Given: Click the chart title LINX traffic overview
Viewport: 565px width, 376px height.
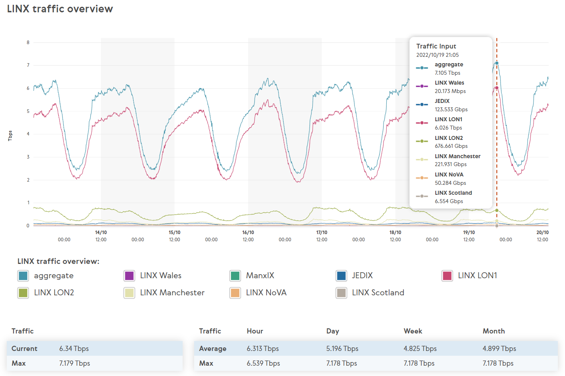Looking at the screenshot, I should click(60, 9).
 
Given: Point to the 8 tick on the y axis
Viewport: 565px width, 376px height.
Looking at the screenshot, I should click(28, 43).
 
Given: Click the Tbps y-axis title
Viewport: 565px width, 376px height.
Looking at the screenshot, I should click(10, 136).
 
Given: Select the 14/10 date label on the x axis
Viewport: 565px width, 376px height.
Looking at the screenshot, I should click(101, 233).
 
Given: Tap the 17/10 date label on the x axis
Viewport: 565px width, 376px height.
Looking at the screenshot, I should click(321, 233).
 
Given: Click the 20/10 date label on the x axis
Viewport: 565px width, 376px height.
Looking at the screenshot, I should click(542, 233).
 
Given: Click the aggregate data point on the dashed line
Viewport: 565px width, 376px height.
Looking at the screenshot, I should click(497, 63).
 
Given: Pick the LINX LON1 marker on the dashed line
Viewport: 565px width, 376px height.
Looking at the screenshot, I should click(497, 88).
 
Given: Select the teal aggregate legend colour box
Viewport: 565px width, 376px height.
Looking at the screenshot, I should click(23, 275).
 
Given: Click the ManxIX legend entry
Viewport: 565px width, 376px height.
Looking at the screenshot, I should click(260, 275).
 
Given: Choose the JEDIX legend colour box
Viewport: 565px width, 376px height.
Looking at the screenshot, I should click(341, 275).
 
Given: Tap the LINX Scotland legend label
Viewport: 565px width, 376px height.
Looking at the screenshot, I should click(378, 293).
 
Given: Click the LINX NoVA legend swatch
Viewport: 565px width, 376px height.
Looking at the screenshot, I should click(235, 293).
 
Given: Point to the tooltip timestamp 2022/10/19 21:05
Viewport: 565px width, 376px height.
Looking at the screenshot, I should click(437, 55).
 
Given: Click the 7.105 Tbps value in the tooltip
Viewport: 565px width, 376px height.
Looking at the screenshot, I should click(447, 73).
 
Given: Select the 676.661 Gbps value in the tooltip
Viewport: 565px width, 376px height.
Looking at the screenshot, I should click(451, 146).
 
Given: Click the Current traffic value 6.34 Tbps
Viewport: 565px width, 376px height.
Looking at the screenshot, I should click(74, 349).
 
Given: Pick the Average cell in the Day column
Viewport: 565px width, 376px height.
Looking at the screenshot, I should click(342, 349).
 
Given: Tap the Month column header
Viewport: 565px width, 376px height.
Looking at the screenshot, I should click(493, 331).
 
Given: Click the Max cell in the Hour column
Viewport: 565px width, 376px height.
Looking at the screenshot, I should click(263, 363).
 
